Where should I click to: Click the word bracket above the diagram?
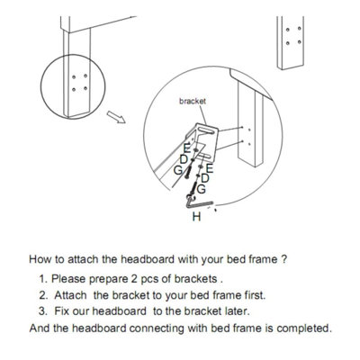[x=193, y=101]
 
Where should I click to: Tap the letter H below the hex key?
[x=196, y=216]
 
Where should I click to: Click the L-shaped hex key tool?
[x=198, y=204]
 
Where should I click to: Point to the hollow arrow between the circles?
[x=116, y=117]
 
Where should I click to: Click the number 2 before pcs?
[x=134, y=279]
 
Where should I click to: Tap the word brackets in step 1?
[x=195, y=279]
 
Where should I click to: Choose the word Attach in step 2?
[x=70, y=295]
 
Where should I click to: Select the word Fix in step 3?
[x=61, y=311]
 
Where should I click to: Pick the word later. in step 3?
[x=238, y=311]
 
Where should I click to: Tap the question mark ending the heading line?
[x=285, y=259]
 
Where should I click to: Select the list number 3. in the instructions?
[x=43, y=311]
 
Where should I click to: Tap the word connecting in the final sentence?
[x=157, y=328]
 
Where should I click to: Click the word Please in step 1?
[x=68, y=279]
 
